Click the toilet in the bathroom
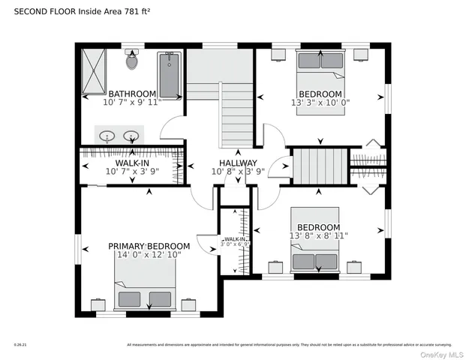coord(133,61)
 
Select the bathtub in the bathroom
coord(170,74)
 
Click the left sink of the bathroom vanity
coord(108,136)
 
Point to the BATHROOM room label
coord(132,94)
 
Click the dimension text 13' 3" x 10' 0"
coord(320,102)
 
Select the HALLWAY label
coord(238,163)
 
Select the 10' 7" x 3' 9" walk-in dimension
coord(132,172)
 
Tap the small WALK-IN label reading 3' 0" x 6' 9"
coord(235,241)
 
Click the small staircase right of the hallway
coord(319,166)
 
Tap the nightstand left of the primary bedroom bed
coord(98,304)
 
